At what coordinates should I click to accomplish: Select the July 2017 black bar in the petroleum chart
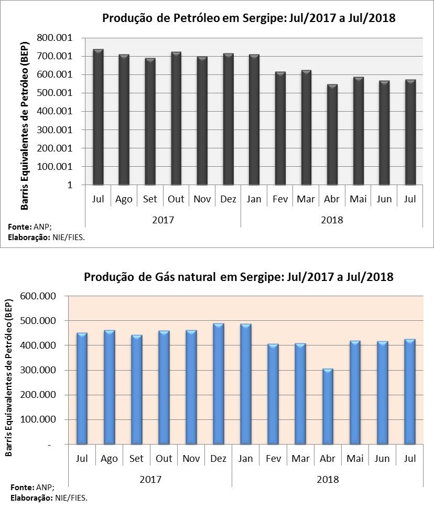coord(98,117)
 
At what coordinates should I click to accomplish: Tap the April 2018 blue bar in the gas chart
coord(328,407)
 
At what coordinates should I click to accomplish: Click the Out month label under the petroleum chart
coord(176,199)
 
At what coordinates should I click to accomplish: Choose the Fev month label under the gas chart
coord(273,459)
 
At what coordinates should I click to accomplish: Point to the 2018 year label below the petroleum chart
coord(332,220)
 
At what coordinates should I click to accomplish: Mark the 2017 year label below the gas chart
coord(150,479)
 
